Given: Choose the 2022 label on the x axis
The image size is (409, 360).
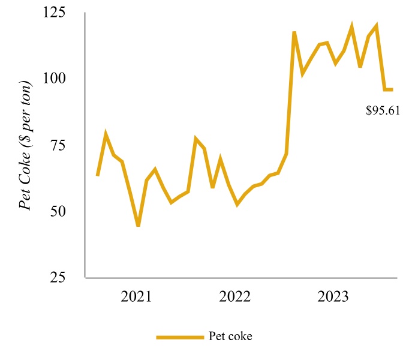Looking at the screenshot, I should coord(236,296).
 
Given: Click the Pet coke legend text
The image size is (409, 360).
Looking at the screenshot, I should coord(231,336).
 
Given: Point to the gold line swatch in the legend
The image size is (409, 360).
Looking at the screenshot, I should coord(179,337).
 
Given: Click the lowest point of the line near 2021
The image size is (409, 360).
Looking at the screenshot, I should coord(138,226).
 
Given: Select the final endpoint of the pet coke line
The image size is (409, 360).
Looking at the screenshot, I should coord(392,89).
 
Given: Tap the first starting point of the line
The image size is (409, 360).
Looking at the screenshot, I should coord(97,176).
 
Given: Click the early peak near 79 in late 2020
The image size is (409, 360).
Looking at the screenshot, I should coord(106,134).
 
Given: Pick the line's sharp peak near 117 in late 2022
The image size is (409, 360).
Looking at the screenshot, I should coord(294,32).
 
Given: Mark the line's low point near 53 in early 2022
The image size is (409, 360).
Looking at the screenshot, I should coord(237,204).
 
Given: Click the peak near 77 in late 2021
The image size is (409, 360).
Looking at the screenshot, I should coord(196,139).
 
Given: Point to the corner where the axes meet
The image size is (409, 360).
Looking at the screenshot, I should coord(86,278).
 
